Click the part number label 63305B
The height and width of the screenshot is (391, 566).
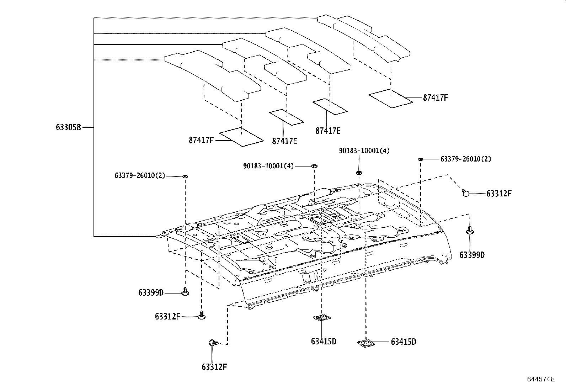click(68, 127)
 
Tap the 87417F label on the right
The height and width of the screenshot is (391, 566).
click(435, 97)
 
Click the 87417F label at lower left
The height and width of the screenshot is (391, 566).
click(201, 140)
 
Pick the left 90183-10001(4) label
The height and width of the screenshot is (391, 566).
click(268, 166)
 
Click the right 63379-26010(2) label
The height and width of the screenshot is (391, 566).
click(465, 159)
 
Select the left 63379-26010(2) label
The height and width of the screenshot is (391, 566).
click(140, 175)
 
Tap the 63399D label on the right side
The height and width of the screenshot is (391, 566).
click(472, 255)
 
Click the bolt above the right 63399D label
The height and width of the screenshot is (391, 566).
click(470, 230)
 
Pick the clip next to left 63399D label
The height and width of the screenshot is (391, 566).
click(185, 292)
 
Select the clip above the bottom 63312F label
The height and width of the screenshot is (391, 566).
click(213, 343)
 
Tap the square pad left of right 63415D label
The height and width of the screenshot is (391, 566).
click(366, 343)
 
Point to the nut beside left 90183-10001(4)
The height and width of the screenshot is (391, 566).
click(314, 166)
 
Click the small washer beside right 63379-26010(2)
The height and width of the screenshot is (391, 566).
click(420, 159)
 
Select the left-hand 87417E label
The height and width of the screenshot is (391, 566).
click(284, 141)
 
